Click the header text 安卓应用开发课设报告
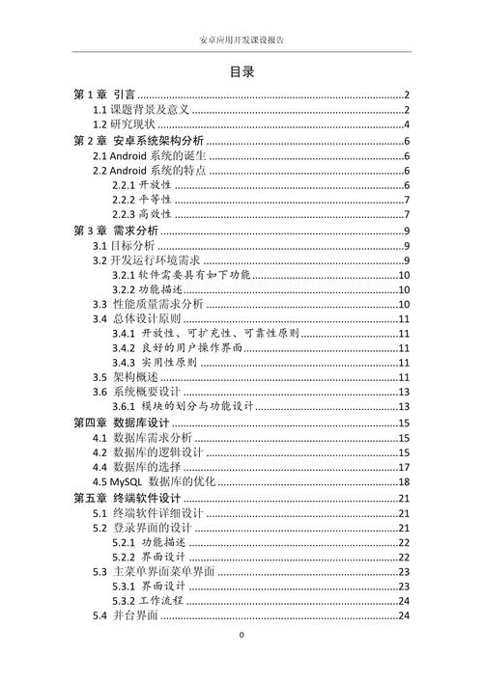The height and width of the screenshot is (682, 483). point(241,41)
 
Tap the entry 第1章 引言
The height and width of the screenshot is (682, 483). point(104,94)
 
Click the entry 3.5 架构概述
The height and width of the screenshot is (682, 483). point(128,376)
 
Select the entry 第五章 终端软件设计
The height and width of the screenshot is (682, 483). point(128,497)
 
